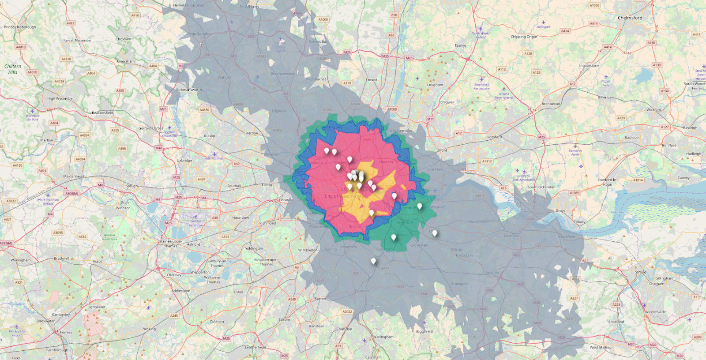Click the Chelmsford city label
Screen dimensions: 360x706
tap(630, 18)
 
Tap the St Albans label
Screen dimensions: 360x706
tap(249, 7)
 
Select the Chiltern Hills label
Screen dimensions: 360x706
tap(13, 69)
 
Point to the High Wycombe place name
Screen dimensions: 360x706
tap(60, 99)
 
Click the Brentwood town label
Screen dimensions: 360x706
tap(551, 104)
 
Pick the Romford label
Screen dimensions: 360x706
tap(495, 137)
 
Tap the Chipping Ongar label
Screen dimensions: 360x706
tap(524, 37)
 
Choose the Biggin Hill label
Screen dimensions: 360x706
tap(424, 331)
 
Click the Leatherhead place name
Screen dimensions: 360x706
tap(255, 347)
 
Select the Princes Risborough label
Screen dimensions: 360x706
tap(20, 27)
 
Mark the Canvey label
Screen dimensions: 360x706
tap(683, 178)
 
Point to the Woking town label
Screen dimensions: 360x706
tap(149, 329)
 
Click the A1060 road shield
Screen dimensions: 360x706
tap(594, 6)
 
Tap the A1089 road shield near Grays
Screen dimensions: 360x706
tap(574, 193)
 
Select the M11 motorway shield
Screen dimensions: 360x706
tap(430, 119)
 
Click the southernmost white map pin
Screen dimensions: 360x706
tap(373, 261)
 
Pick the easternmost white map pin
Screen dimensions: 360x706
tap(435, 233)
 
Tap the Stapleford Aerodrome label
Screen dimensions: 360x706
tap(482, 86)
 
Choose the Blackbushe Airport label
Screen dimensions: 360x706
tap(17, 333)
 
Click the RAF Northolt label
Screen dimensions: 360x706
tap(214, 158)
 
